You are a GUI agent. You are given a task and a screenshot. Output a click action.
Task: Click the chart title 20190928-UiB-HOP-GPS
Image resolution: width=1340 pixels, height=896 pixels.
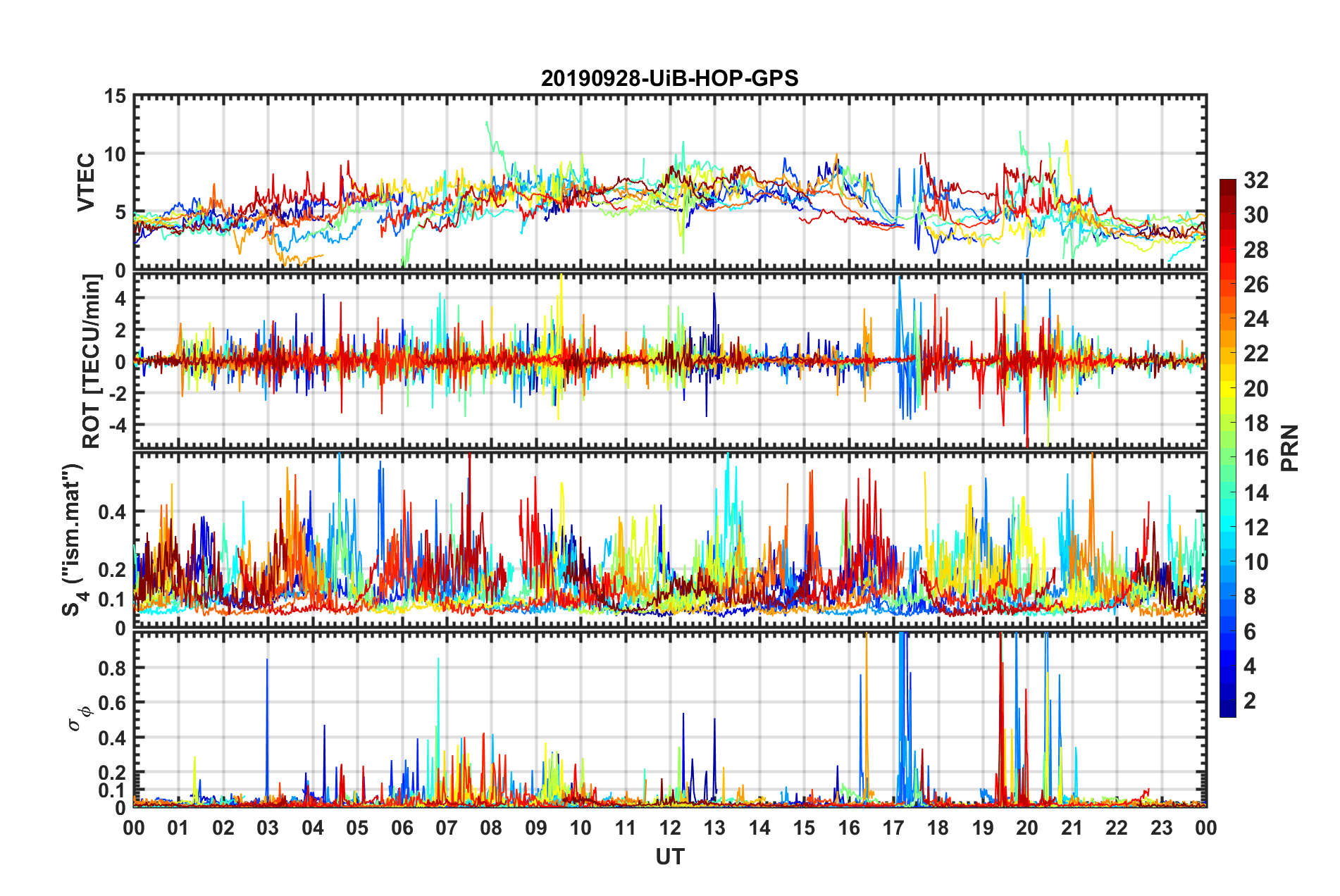pos(669,78)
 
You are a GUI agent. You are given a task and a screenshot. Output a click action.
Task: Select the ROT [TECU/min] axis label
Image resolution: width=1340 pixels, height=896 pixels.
pos(92,361)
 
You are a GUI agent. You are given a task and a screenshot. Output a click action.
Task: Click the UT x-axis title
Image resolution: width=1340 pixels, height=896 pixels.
pos(669,857)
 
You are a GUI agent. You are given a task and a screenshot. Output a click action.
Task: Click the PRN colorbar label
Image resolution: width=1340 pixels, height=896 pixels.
pos(1290,448)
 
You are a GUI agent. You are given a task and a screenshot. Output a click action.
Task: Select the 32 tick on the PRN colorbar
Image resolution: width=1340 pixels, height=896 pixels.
pos(1255,180)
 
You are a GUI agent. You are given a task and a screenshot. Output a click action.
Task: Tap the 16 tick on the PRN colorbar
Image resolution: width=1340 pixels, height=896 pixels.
pos(1255,458)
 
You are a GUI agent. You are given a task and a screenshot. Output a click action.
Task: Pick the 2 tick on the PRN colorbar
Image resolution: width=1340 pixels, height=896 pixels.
pos(1250,701)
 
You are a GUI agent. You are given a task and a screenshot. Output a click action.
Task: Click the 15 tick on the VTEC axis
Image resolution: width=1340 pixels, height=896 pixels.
pos(116,96)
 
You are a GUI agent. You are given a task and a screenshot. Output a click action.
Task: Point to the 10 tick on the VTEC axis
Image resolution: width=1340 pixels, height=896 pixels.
pos(116,154)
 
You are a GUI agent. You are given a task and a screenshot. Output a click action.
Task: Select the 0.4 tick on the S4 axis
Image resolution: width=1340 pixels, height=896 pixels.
pos(111,511)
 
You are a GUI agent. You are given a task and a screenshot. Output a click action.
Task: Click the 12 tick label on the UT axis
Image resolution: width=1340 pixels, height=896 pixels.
pos(670,828)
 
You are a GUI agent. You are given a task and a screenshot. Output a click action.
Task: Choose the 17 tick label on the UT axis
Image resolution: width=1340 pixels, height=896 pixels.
pos(893,828)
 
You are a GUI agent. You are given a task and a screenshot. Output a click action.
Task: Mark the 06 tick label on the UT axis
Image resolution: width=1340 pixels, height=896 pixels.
pos(402,828)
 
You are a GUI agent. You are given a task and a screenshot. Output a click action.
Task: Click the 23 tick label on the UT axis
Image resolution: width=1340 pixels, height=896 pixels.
pos(1162,828)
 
